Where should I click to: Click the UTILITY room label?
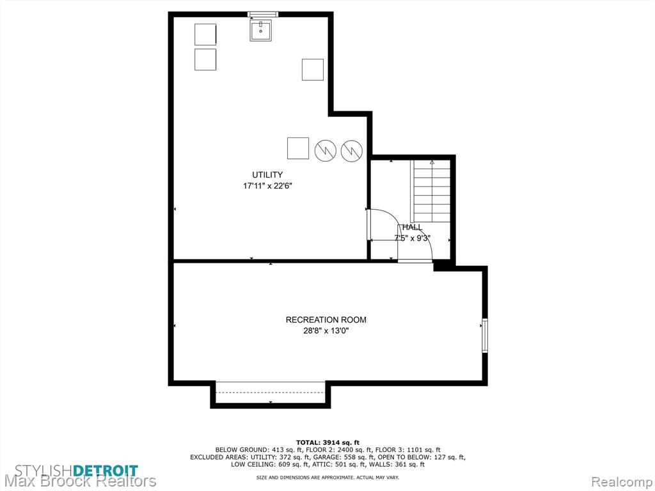tap(267, 175)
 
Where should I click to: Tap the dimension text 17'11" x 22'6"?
tap(267, 186)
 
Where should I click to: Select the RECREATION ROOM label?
tap(326, 320)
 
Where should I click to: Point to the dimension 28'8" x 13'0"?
tap(326, 331)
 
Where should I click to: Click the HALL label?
tap(413, 228)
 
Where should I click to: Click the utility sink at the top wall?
tap(261, 30)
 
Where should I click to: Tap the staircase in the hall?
tap(430, 191)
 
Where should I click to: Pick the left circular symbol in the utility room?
tap(326, 150)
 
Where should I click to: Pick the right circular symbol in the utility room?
tap(352, 150)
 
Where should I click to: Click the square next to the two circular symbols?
tap(298, 148)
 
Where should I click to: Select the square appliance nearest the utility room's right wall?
tap(312, 70)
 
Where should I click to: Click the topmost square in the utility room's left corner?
tap(205, 35)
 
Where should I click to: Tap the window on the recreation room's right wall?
tap(485, 335)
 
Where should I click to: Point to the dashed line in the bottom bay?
tap(271, 393)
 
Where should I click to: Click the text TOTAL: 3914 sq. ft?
tap(327, 442)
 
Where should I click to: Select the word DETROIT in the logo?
tap(106, 471)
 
